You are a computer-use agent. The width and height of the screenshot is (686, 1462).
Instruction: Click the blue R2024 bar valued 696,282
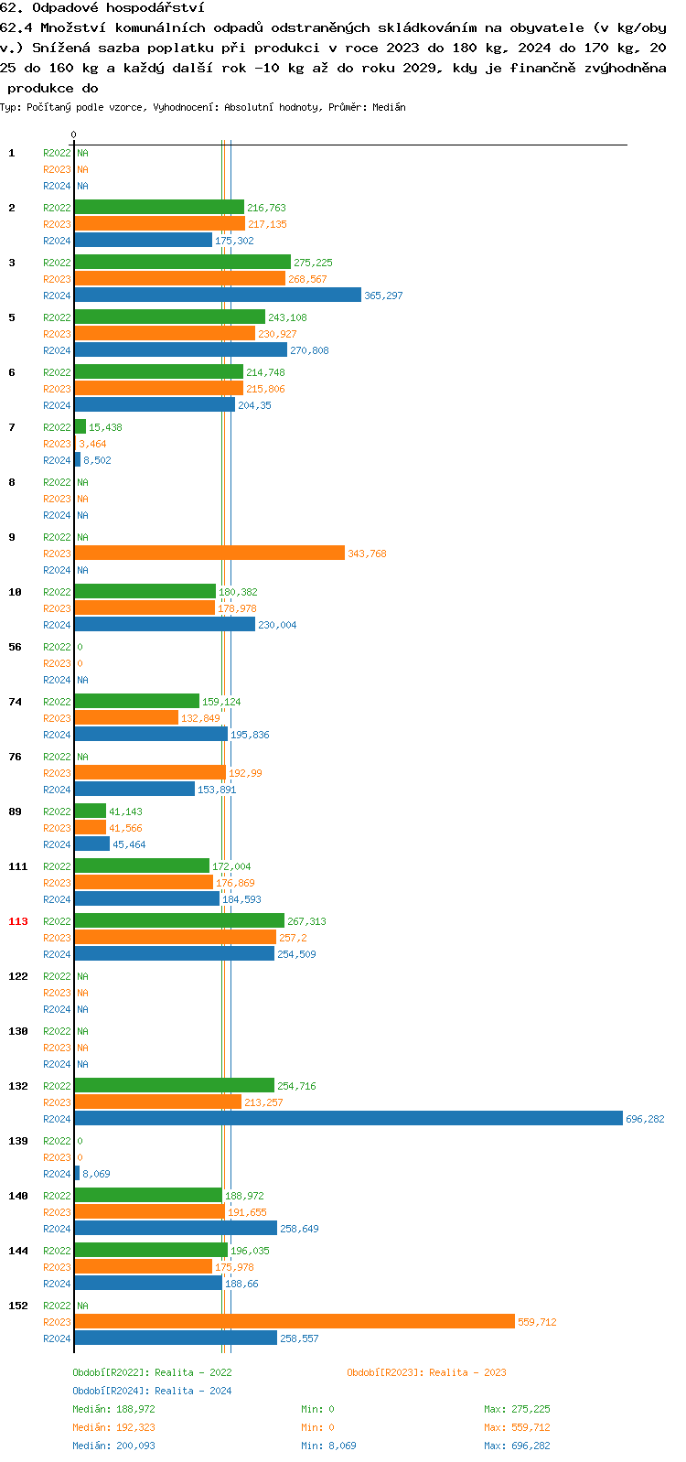point(348,1118)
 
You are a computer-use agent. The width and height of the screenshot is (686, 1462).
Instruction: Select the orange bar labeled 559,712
point(295,1321)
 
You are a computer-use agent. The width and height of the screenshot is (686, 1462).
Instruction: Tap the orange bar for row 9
point(209,553)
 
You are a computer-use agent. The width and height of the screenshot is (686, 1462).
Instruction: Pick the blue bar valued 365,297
point(218,295)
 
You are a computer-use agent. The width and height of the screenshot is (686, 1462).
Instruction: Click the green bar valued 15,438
point(80,426)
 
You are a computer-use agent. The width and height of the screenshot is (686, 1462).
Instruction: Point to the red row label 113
point(18,921)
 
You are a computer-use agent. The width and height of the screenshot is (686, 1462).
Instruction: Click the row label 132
point(18,1086)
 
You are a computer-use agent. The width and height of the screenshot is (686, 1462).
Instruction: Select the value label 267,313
point(306,921)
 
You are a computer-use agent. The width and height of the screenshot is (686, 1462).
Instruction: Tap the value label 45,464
point(129,844)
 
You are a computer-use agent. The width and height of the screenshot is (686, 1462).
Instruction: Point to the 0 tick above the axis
point(74,134)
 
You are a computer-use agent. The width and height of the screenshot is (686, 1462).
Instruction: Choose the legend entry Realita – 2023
point(426,1372)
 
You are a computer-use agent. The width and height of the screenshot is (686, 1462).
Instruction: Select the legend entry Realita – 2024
point(152,1391)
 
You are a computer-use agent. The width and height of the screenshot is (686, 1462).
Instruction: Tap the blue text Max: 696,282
point(517,1446)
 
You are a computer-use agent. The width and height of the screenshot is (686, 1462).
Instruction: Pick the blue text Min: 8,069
point(328,1446)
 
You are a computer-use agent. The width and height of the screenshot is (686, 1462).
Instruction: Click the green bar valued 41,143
point(91,811)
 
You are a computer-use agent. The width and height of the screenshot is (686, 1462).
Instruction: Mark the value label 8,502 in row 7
point(97,460)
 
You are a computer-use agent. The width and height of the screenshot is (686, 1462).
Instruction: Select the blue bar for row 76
point(134,789)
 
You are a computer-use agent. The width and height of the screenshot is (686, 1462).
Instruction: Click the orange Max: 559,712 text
point(517,1427)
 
